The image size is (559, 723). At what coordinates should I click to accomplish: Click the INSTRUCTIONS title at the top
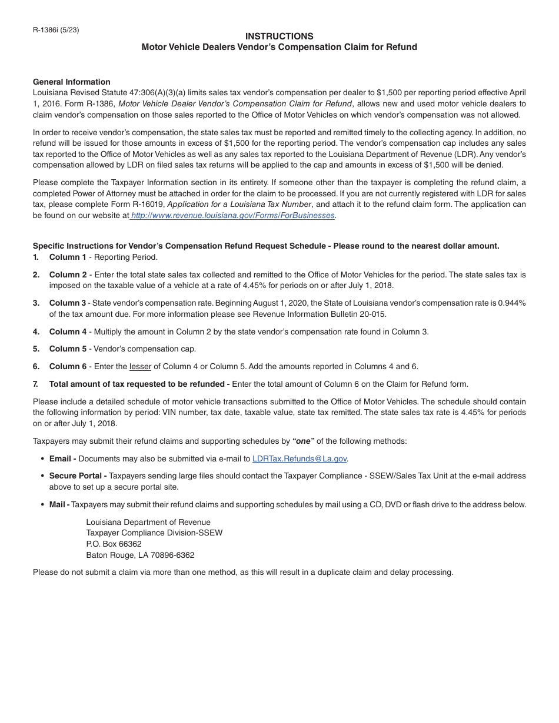(x=279, y=36)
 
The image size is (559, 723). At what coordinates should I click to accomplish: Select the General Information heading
(x=71, y=82)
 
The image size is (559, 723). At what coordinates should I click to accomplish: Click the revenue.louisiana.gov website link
(x=232, y=216)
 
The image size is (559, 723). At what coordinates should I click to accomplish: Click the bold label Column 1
(x=68, y=257)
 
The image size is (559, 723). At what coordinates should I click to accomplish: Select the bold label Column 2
(x=68, y=275)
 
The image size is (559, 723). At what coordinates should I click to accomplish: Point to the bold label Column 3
(x=68, y=303)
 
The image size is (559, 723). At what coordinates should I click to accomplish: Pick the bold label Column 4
(x=68, y=332)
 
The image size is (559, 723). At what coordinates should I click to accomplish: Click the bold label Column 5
(x=68, y=349)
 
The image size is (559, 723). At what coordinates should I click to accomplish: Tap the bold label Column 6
(x=68, y=366)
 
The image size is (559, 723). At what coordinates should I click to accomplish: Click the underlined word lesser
(x=140, y=366)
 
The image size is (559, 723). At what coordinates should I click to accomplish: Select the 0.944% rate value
(x=511, y=303)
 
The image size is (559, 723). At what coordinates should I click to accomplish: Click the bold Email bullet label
(x=62, y=458)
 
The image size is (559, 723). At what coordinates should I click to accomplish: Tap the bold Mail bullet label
(x=59, y=504)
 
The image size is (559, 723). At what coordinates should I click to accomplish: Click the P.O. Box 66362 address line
(x=114, y=544)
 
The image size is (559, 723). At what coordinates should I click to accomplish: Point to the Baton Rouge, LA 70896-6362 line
(x=140, y=555)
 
